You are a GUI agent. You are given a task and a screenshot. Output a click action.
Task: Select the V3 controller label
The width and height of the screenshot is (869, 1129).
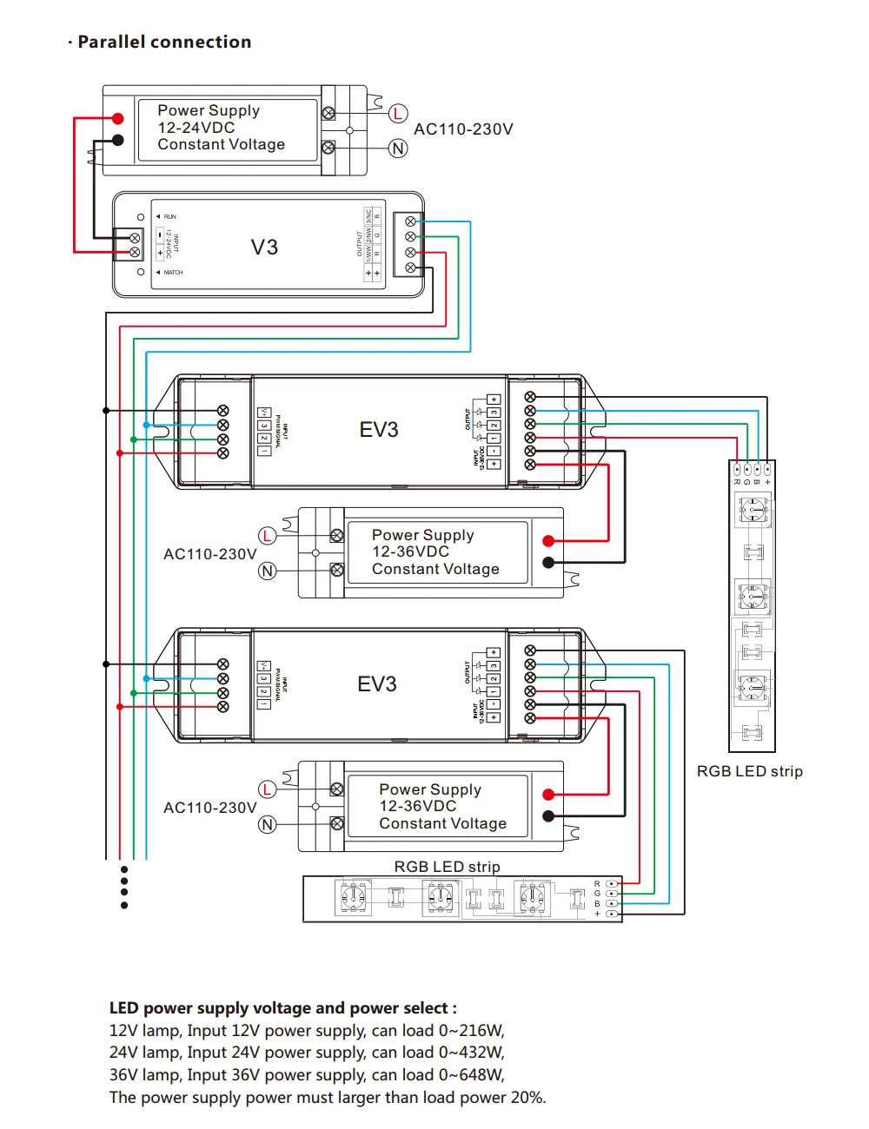[264, 248]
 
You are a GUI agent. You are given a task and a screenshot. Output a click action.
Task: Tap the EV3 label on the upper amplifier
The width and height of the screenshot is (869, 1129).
[379, 430]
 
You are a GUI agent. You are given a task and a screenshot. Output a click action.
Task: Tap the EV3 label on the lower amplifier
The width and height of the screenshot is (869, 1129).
[377, 684]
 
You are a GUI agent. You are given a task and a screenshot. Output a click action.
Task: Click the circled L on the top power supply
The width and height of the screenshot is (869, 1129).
[398, 114]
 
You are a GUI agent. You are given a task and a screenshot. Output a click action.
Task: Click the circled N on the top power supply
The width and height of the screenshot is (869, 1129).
[398, 149]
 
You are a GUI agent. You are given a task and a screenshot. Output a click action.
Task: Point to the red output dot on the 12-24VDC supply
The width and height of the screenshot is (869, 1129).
[118, 119]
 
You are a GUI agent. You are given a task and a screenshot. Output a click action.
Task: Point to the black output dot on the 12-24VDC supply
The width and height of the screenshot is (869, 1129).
[118, 140]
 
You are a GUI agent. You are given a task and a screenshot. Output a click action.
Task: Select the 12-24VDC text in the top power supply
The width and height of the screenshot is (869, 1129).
[196, 128]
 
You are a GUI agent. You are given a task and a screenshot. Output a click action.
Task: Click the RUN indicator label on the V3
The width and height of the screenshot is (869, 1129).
[169, 217]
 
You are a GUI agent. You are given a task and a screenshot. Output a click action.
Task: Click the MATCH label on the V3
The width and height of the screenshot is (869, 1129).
[173, 273]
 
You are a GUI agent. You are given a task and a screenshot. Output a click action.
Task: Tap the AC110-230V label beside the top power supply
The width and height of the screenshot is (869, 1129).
[463, 129]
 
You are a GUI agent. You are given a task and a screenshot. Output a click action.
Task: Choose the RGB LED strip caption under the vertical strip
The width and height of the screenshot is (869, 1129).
[749, 771]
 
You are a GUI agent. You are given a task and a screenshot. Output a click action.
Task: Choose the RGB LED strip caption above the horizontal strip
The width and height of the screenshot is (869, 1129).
[447, 867]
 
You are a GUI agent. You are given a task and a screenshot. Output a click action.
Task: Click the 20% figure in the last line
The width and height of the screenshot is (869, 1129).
[527, 1098]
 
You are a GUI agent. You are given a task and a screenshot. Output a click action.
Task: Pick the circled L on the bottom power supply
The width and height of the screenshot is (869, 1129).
[267, 789]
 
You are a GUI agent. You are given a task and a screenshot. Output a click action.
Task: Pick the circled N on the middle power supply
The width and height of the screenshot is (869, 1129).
[267, 571]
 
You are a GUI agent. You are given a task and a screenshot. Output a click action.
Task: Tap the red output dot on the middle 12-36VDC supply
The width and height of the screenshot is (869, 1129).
[548, 541]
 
